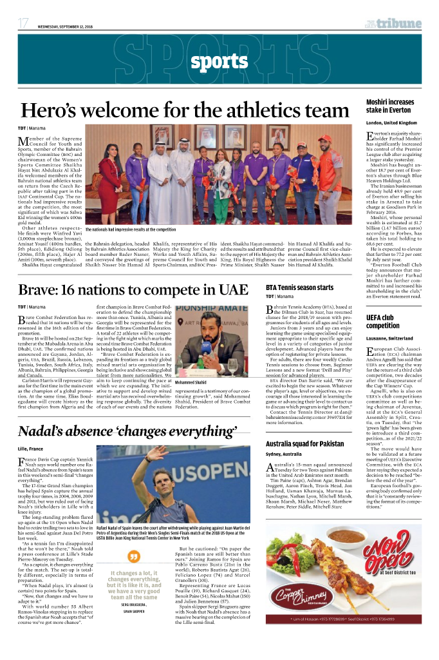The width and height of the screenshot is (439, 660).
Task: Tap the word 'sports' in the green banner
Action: pyautogui.click(x=219, y=63)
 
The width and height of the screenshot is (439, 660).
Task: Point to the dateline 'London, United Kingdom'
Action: pyautogui.click(x=391, y=122)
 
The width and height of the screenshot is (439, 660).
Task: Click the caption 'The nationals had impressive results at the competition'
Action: pyautogui.click(x=131, y=229)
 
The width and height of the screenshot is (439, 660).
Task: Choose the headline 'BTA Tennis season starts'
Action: pyautogui.click(x=300, y=287)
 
